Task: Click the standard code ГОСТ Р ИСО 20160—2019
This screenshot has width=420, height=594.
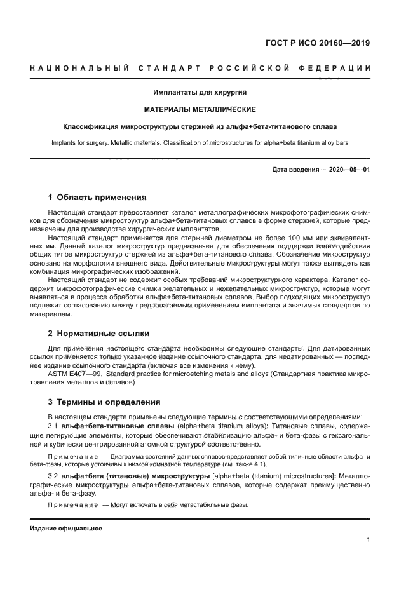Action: [317, 43]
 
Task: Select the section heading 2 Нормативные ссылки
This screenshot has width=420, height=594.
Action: [99, 333]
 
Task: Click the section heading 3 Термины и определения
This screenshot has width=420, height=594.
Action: [105, 402]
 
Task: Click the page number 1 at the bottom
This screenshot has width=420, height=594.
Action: [369, 540]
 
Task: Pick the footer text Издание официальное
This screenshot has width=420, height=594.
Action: [66, 529]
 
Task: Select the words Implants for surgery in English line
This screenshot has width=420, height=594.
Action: [79, 143]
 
